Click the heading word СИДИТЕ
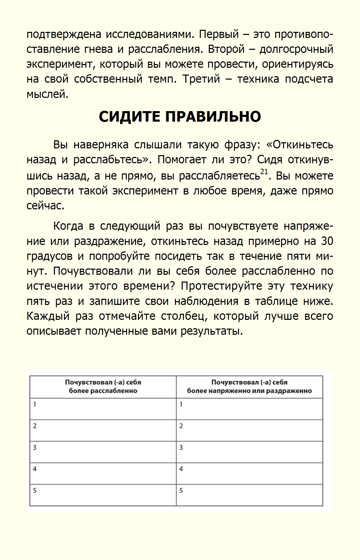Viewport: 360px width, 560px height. [129, 117]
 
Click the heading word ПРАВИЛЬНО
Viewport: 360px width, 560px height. [213, 117]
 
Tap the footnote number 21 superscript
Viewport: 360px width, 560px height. [264, 171]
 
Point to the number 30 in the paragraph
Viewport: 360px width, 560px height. [327, 241]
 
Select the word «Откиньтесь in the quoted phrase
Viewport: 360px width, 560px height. [300, 145]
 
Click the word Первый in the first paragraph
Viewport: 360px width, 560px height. [219, 34]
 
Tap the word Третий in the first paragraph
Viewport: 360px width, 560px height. [201, 79]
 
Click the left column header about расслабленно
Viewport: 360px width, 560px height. [103, 387]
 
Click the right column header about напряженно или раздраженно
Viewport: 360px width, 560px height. [249, 387]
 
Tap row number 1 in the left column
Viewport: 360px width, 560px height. [35, 404]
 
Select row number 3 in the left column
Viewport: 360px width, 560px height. [35, 448]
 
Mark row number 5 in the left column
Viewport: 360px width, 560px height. [35, 491]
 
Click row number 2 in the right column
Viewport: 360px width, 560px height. [181, 426]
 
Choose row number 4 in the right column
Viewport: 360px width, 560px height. [181, 469]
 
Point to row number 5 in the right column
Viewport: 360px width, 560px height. [181, 491]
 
